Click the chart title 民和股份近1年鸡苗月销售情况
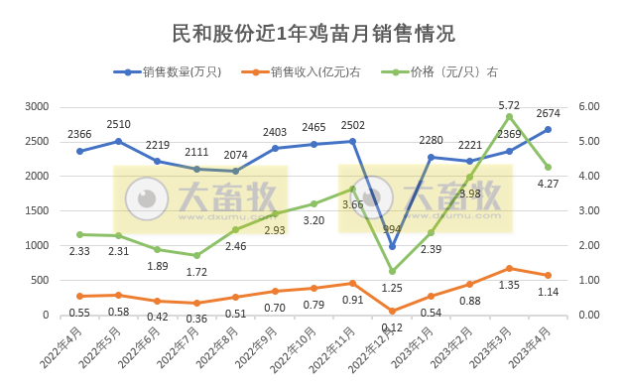pos(312,33)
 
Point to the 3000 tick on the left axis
pos(37,106)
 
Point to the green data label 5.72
pos(509,105)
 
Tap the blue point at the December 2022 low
pos(392,246)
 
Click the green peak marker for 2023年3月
pos(509,116)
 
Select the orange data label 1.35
pos(509,284)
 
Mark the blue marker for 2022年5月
pos(118,141)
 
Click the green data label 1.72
pos(196,271)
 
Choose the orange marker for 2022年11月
pos(353,283)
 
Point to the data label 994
pos(394,228)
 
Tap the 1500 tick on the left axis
pos(37,210)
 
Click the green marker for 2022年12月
pos(392,271)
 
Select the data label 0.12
pos(392,326)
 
